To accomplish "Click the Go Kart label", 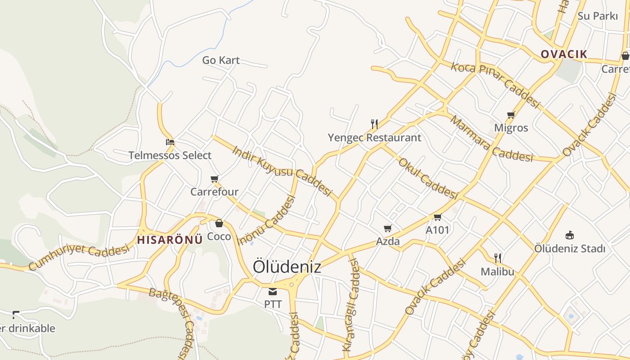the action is [x=220, y=60].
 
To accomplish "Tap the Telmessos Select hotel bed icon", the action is [x=170, y=142].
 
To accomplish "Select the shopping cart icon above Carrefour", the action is [x=215, y=179].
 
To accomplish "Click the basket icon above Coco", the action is [x=219, y=223].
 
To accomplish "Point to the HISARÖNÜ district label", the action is [x=170, y=240].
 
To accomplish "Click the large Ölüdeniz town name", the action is [x=287, y=266].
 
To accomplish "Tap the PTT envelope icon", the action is [x=273, y=292].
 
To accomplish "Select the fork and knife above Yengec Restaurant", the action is [x=374, y=124].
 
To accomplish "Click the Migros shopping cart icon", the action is [x=511, y=115].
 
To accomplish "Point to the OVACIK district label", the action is [x=564, y=54].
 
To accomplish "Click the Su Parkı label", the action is [x=598, y=16].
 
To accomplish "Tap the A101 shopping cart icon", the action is [x=437, y=217].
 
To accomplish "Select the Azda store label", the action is [x=388, y=242].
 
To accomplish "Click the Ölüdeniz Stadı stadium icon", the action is [x=569, y=235].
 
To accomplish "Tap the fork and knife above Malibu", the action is [x=497, y=258].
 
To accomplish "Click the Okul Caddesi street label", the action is [x=428, y=178].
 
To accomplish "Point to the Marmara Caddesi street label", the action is [x=491, y=139].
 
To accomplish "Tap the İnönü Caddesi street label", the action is [x=266, y=220].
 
